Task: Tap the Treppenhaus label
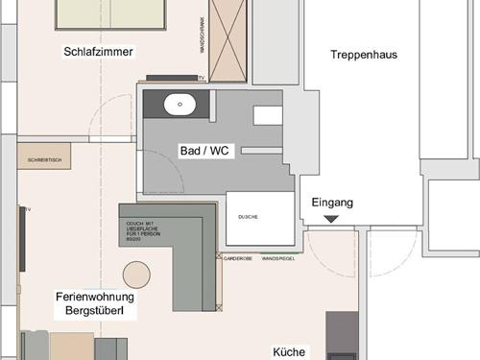click(x=363, y=55)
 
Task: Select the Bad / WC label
click(x=204, y=151)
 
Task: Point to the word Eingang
click(x=332, y=203)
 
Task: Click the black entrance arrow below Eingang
click(x=331, y=220)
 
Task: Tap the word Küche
click(x=288, y=352)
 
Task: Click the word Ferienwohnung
click(x=95, y=298)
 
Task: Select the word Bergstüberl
click(x=95, y=313)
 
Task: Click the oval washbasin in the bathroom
click(x=180, y=104)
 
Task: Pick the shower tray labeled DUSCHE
click(x=259, y=220)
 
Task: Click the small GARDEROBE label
click(x=237, y=257)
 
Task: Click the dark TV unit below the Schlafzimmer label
click(x=172, y=77)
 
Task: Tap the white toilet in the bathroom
click(x=268, y=115)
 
